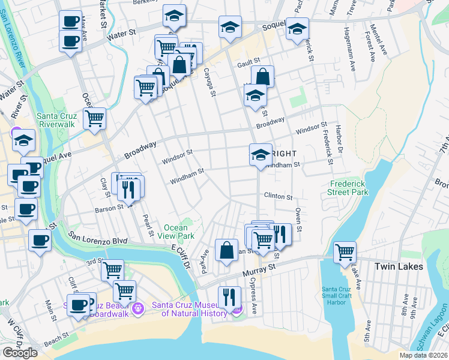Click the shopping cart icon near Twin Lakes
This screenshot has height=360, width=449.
pyautogui.click(x=345, y=252)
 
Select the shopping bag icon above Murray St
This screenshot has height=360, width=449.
pyautogui.click(x=226, y=250)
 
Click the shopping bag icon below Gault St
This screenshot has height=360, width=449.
pyautogui.click(x=262, y=76)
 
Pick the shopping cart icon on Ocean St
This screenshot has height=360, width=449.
pyautogui.click(x=94, y=118)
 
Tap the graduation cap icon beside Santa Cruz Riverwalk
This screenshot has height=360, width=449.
pyautogui.click(x=24, y=140)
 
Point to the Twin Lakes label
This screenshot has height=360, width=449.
pyautogui.click(x=399, y=266)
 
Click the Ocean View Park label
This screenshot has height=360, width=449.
pyautogui.click(x=179, y=232)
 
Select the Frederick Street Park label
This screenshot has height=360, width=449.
pyautogui.click(x=348, y=188)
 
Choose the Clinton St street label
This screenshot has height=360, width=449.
pyautogui.click(x=278, y=196)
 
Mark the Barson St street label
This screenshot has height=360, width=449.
pyautogui.click(x=109, y=208)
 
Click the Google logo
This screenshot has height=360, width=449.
pyautogui.click(x=20, y=352)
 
